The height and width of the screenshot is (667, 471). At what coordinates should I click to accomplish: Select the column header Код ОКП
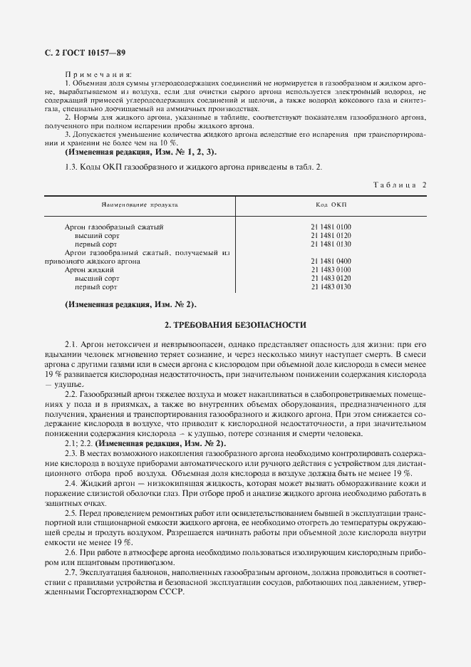(331, 205)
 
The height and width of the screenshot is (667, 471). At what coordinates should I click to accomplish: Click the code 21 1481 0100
(331, 227)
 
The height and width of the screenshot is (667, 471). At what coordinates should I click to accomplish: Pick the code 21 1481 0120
(331, 235)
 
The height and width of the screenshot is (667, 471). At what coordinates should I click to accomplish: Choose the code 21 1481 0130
(331, 244)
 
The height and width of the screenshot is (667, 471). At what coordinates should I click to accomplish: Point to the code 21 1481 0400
(331, 261)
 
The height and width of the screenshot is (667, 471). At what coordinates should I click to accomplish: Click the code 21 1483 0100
(331, 269)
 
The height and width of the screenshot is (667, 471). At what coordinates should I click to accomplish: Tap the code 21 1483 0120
(331, 278)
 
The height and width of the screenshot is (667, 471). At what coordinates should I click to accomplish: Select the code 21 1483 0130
(331, 286)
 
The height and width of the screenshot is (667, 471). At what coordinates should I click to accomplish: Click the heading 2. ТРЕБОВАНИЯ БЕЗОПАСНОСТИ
(235, 325)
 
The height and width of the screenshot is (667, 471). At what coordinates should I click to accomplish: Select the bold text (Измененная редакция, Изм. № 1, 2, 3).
(140, 152)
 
